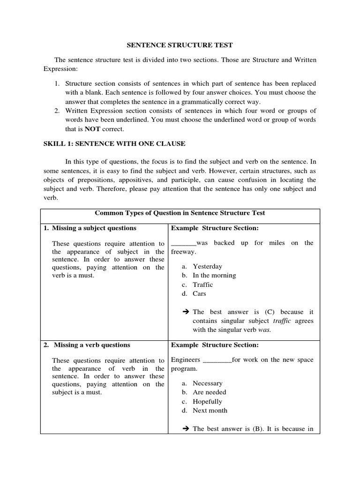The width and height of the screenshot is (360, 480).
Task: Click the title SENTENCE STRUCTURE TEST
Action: (180, 45)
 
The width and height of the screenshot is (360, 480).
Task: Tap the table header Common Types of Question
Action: (180, 213)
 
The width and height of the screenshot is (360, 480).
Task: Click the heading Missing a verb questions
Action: (92, 345)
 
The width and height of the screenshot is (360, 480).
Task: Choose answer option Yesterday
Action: (207, 266)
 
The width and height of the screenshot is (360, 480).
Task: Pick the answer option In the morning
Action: (214, 276)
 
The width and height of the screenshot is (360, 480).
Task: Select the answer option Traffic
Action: (202, 285)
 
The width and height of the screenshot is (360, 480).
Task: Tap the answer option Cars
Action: (199, 294)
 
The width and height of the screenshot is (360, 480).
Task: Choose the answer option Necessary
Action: (207, 383)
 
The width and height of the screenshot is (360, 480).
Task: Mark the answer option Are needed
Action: (209, 392)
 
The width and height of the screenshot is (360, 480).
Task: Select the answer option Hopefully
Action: (207, 401)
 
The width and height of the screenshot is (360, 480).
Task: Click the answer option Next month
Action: (210, 411)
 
